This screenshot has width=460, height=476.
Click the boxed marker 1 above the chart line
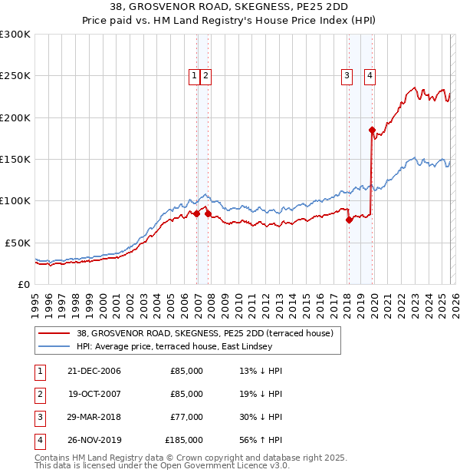[x=195, y=75]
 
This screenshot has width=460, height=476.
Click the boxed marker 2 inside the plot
[x=207, y=75]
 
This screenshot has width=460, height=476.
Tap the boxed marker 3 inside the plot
[x=347, y=75]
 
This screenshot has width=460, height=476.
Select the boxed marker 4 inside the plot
[x=370, y=75]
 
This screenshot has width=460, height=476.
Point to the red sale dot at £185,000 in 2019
[x=372, y=131]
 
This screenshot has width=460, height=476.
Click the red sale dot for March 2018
[x=349, y=220]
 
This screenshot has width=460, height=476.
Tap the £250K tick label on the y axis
[x=15, y=76]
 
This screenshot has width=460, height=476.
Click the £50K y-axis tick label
[x=18, y=243]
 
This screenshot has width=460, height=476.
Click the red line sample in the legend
[x=54, y=334]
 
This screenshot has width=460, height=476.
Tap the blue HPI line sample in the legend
[x=54, y=347]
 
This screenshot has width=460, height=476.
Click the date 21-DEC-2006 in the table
[x=94, y=371]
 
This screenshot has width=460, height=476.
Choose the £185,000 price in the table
[x=184, y=441]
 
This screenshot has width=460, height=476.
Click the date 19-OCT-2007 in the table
[x=94, y=394]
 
